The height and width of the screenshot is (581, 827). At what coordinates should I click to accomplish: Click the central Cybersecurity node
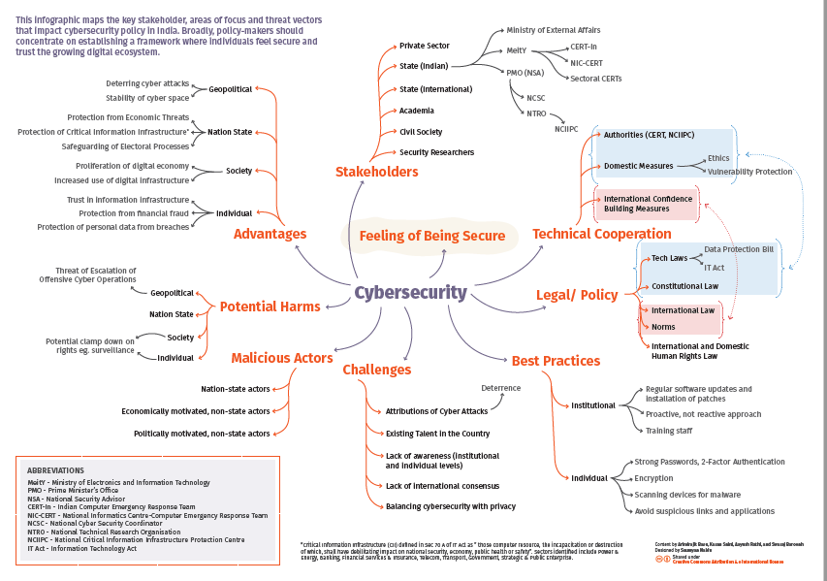coord(410,292)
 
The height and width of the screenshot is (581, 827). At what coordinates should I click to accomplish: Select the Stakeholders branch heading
coord(377,172)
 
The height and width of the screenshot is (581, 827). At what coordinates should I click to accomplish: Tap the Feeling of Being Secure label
coord(431,236)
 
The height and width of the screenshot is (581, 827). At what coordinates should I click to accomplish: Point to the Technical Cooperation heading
coord(601,234)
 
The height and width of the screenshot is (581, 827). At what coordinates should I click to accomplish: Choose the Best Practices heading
coord(556,361)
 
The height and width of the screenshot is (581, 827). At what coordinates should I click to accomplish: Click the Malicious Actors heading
coord(282,358)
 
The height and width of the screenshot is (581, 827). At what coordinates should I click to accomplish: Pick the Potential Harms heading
coord(270,307)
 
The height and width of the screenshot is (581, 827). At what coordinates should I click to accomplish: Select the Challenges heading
coord(376,370)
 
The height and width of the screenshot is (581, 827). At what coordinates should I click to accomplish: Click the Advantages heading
coord(270,234)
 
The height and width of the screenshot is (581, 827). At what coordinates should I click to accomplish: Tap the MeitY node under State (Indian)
coord(516,50)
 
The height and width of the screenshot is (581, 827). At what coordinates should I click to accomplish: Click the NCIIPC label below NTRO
coord(566,128)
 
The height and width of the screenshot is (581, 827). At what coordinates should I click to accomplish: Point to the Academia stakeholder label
coord(417,111)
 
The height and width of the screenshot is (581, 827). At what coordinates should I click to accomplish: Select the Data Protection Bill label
coord(739,249)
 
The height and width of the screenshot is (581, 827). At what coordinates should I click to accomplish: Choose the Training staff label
coord(668,431)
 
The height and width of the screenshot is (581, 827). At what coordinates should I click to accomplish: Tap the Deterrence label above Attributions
coord(500,388)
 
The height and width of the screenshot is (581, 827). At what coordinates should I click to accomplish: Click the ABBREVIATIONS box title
coord(56,468)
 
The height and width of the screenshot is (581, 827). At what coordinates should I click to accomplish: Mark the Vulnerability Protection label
coord(749,172)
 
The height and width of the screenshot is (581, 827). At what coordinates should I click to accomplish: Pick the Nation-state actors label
coord(235,390)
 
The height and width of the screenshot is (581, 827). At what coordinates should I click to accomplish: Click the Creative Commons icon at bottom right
coord(660,560)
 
